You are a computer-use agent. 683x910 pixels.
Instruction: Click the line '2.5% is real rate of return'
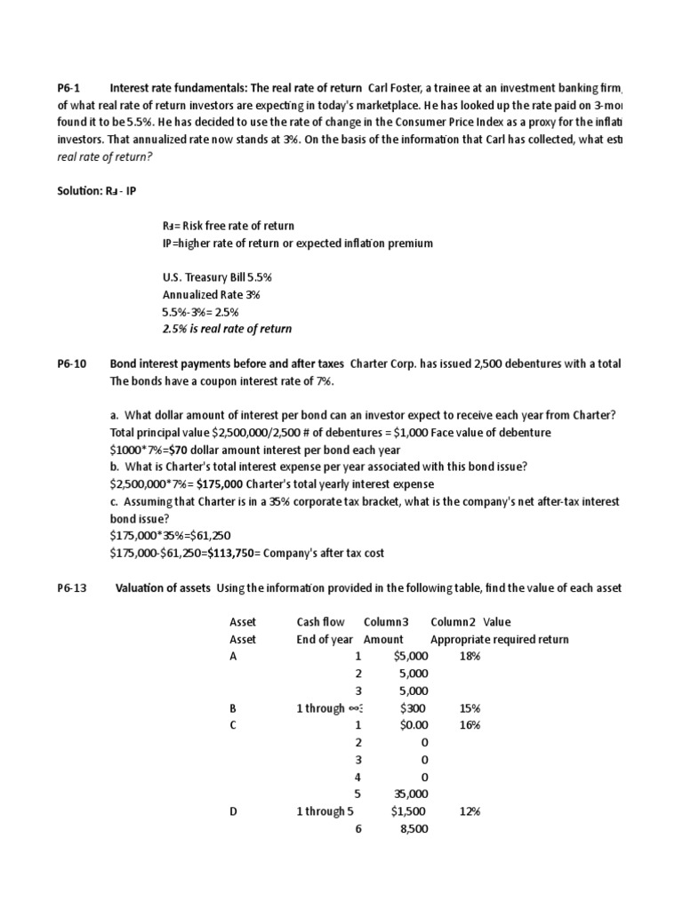(227, 329)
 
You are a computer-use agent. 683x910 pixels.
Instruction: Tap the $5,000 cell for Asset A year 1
(409, 656)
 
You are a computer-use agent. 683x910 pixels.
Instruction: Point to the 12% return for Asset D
(469, 811)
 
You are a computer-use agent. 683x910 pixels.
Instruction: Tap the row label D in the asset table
(234, 811)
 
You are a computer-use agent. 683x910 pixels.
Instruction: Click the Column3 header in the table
(382, 622)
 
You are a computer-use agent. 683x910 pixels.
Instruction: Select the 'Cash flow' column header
(320, 622)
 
